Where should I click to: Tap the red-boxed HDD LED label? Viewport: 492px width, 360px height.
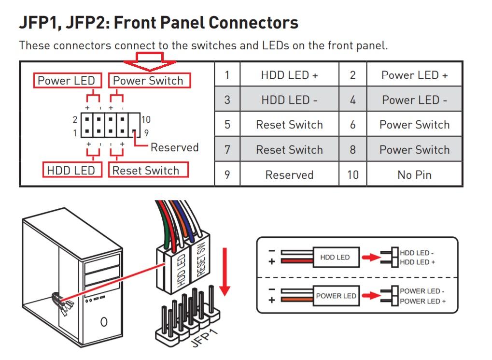pyautogui.click(x=71, y=171)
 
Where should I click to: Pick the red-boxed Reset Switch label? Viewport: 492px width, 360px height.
pyautogui.click(x=146, y=171)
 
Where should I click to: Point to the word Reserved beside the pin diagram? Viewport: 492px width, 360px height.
pyautogui.click(x=174, y=147)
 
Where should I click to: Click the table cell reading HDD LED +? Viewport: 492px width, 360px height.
pyautogui.click(x=289, y=75)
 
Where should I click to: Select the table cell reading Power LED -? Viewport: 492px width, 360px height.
pyautogui.click(x=414, y=100)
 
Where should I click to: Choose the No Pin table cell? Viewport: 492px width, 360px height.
pyautogui.click(x=414, y=174)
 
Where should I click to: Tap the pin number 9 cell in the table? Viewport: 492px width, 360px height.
pyautogui.click(x=227, y=174)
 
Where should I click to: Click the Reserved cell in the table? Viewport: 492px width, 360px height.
pyautogui.click(x=289, y=174)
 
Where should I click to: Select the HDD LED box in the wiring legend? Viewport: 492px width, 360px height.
pyautogui.click(x=335, y=258)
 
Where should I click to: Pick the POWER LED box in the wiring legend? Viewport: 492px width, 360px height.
pyautogui.click(x=336, y=296)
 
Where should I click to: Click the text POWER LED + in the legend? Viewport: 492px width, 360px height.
pyautogui.click(x=422, y=301)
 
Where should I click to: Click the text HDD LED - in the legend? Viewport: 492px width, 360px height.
pyautogui.click(x=417, y=253)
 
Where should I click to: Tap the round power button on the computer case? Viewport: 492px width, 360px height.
pyautogui.click(x=104, y=321)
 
